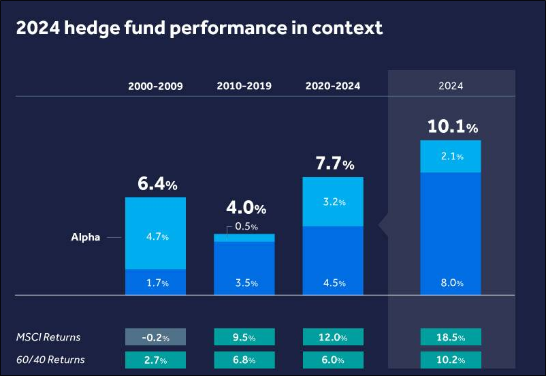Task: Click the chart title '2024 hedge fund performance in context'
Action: (x=199, y=29)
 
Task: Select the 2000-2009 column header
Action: (x=155, y=87)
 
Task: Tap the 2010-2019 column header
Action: (x=244, y=87)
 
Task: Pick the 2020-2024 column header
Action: (x=333, y=87)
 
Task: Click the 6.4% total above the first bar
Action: (x=158, y=183)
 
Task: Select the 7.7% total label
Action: (x=334, y=163)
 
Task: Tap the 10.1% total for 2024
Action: (x=453, y=127)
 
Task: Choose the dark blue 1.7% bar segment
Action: (x=155, y=282)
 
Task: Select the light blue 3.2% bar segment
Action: (x=333, y=202)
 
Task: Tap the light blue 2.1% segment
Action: (x=451, y=157)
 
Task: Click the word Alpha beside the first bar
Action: (x=86, y=238)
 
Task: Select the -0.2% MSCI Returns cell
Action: (x=155, y=337)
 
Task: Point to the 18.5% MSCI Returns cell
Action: (x=451, y=337)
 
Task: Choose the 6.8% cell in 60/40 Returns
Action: (x=244, y=360)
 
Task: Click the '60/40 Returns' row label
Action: (x=51, y=360)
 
